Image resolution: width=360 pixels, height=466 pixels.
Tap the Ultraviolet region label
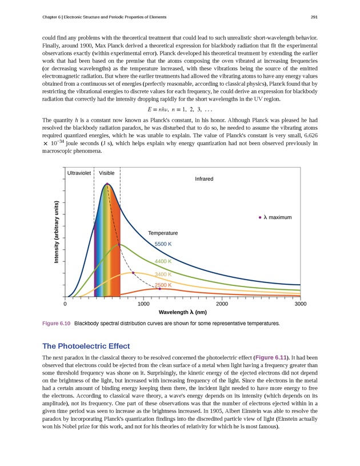79,173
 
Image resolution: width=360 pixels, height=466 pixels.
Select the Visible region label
107,173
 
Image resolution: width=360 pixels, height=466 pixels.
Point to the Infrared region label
204,179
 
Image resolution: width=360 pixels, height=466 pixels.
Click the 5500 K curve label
163,244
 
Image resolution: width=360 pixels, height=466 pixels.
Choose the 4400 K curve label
163,261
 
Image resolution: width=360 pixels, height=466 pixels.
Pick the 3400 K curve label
163,274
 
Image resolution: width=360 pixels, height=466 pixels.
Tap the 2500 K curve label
163,285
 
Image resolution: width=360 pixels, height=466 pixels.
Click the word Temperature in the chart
163,233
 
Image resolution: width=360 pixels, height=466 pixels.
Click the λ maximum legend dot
260,217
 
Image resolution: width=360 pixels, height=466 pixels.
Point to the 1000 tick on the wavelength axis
144,304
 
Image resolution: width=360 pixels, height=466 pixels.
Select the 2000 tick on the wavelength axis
222,304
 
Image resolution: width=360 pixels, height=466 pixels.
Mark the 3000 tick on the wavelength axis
300,304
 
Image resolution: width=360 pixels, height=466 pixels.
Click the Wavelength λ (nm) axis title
182,312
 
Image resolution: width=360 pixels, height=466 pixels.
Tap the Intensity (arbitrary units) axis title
57,233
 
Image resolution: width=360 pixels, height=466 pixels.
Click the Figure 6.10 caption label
57,324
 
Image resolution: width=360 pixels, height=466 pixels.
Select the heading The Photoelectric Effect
86,346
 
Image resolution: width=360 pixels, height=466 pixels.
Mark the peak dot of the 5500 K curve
107,184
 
